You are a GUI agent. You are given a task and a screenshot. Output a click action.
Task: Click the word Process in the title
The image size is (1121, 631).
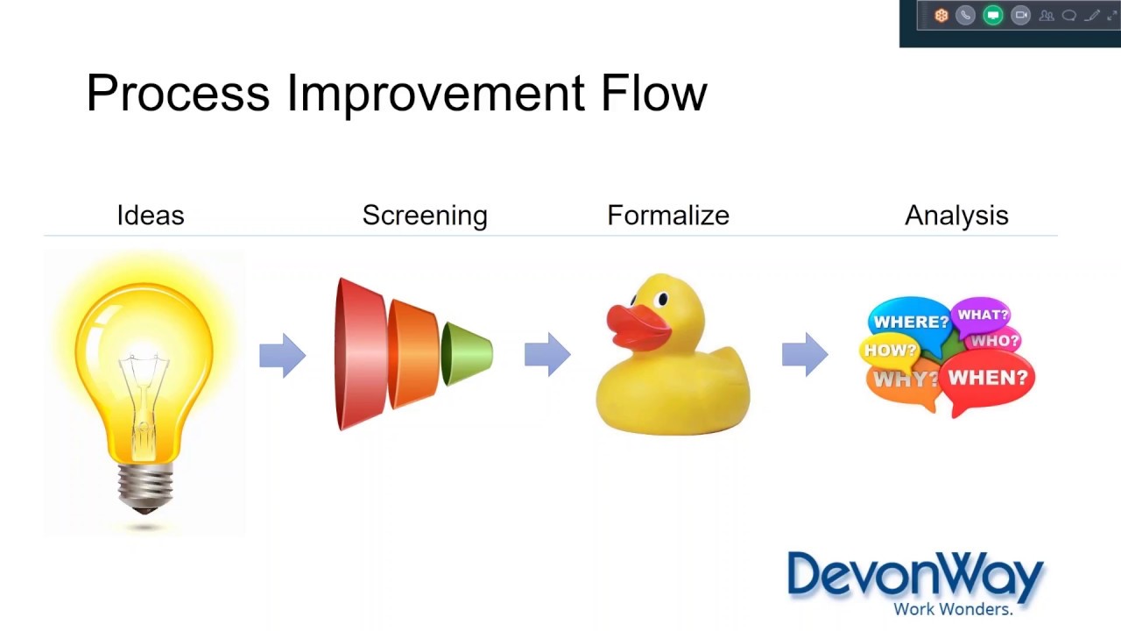[179, 93]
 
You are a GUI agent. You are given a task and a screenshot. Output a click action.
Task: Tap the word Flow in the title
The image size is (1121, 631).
[653, 93]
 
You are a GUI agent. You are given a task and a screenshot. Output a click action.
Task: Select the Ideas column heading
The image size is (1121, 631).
[151, 216]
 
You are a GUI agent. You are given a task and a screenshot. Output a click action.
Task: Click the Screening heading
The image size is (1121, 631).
[425, 216]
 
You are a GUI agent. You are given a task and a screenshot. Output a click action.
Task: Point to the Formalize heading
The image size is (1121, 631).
[668, 216]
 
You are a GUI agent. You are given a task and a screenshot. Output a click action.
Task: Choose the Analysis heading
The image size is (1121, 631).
[956, 216]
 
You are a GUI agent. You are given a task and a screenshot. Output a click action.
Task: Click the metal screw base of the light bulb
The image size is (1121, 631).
[145, 487]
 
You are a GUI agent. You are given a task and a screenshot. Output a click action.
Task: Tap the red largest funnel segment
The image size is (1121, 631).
[359, 354]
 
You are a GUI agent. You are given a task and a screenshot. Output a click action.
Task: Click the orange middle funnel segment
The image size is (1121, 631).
[413, 354]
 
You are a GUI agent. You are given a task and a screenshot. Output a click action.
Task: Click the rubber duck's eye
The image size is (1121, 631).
[663, 300]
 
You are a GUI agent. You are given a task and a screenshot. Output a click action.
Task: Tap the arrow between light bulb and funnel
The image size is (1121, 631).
[282, 355]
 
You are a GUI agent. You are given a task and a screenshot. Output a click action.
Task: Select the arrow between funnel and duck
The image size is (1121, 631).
[547, 355]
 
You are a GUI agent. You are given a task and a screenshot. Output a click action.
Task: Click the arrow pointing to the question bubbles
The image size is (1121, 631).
[805, 355]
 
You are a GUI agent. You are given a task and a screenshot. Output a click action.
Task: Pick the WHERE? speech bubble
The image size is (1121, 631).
[909, 321]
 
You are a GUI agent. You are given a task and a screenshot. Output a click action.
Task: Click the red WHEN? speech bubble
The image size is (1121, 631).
[988, 379]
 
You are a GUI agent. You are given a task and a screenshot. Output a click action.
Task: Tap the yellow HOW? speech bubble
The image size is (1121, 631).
[890, 351]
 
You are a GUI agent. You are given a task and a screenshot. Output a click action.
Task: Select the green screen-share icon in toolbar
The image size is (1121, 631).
[992, 15]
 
